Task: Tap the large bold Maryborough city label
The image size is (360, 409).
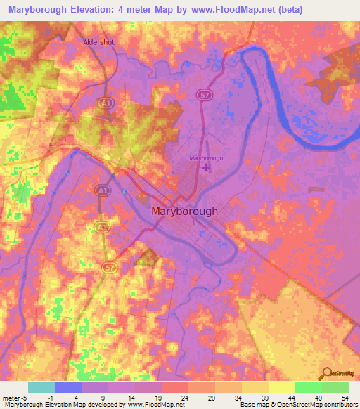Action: click(x=185, y=211)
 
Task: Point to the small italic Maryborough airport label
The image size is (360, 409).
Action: click(x=206, y=158)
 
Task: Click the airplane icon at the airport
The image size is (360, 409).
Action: click(x=205, y=167)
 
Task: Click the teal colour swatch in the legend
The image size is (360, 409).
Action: click(x=41, y=387)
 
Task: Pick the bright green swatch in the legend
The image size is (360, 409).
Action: click(x=308, y=387)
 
